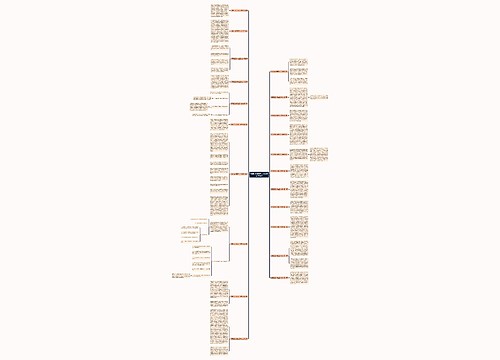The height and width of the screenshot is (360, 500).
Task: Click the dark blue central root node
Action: [x=257, y=174]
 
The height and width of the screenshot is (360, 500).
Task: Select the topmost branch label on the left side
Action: [x=238, y=11]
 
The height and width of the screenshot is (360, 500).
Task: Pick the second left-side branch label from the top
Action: [x=238, y=32]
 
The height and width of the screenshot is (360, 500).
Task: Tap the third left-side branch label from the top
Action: [x=238, y=57]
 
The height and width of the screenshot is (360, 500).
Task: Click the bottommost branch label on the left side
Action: [x=238, y=339]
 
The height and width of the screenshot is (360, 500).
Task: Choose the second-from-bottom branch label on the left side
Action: [x=238, y=296]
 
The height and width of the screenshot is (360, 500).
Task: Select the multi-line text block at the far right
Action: [x=329, y=154]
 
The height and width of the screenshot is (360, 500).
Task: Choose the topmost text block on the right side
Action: [x=298, y=68]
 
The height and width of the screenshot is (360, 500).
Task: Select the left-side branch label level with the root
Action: [x=238, y=174]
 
